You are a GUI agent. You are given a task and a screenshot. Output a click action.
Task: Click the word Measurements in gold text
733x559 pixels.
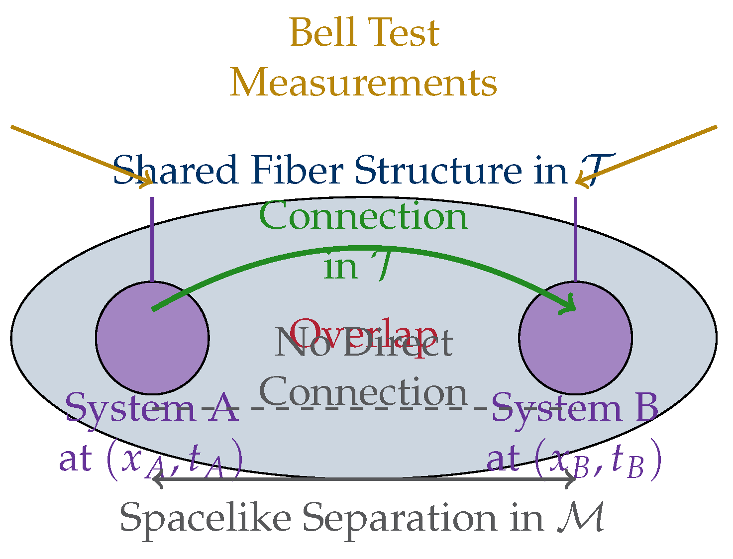[x=363, y=83]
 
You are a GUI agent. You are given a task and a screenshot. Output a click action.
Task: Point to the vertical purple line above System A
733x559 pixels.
[x=152, y=239]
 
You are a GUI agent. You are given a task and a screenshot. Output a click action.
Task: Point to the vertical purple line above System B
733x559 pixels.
[x=576, y=239]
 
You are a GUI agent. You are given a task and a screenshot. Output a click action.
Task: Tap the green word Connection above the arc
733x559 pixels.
[x=363, y=217]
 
